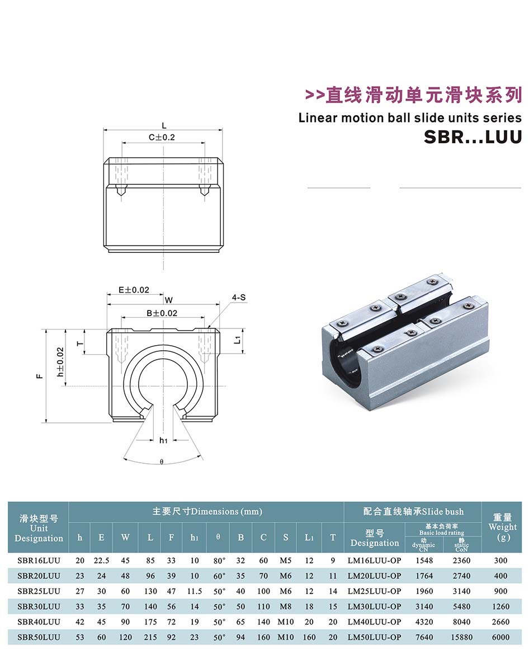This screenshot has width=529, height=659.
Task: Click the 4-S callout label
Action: (x=239, y=298)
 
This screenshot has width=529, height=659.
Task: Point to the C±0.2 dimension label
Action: (x=162, y=138)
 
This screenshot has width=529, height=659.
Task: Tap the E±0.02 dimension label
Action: (x=134, y=290)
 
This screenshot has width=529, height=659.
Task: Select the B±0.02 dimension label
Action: (x=162, y=313)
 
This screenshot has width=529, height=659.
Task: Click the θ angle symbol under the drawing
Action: (x=162, y=462)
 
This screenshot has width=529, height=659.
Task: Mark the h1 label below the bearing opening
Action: (x=163, y=440)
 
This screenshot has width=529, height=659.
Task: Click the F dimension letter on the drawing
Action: (x=40, y=376)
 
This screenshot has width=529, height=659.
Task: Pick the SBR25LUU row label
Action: (x=39, y=591)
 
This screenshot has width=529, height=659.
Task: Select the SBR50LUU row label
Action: (x=39, y=637)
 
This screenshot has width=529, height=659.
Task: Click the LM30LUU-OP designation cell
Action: (x=374, y=606)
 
